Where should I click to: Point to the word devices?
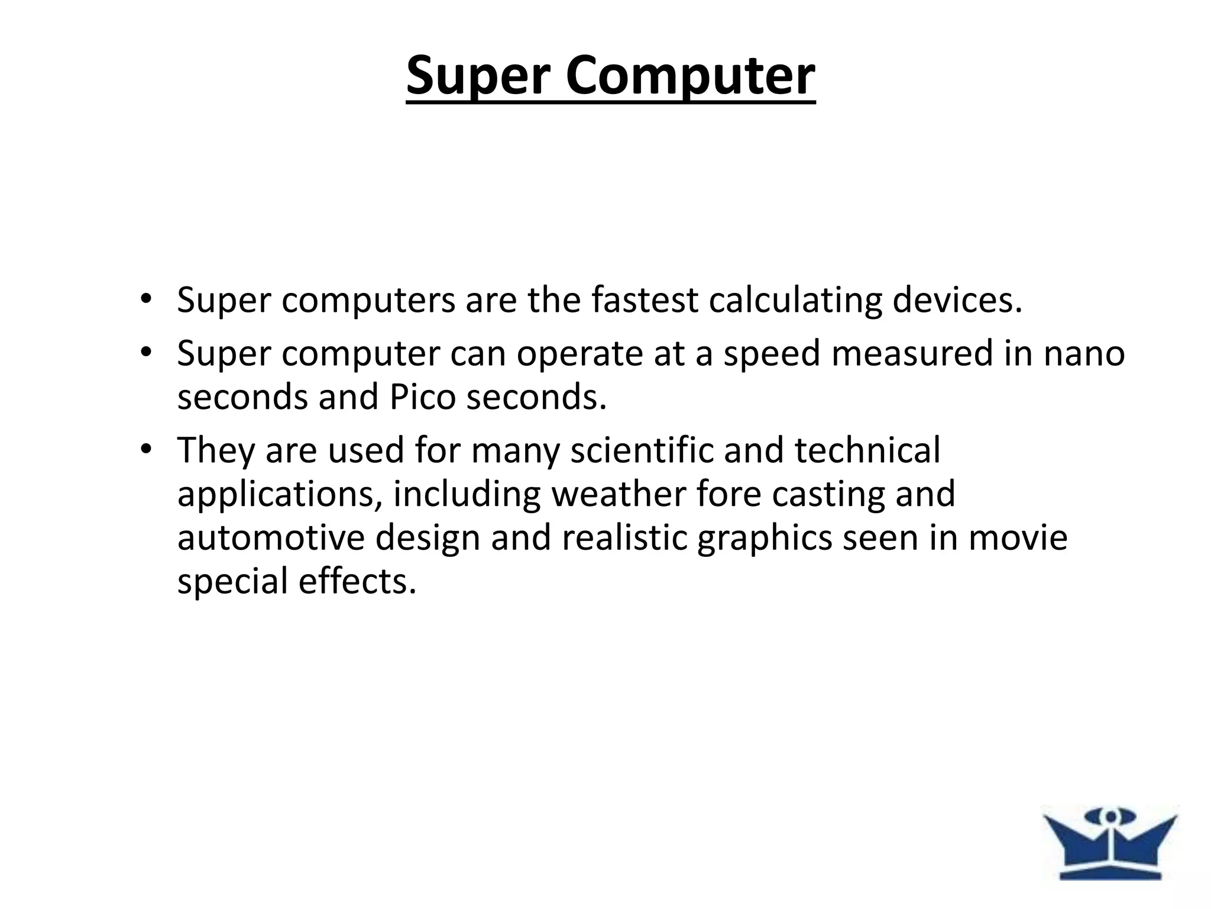click(x=957, y=300)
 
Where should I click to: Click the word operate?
click(x=579, y=354)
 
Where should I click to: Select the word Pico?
click(x=422, y=397)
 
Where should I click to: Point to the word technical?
click(x=867, y=450)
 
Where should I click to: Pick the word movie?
click(x=1017, y=538)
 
